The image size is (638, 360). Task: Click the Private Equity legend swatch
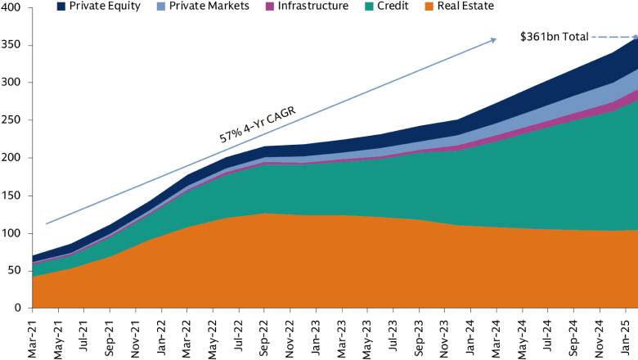pos(61,7)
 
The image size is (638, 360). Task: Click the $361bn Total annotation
pos(554,37)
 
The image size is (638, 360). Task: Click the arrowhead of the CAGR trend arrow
pos(493,39)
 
